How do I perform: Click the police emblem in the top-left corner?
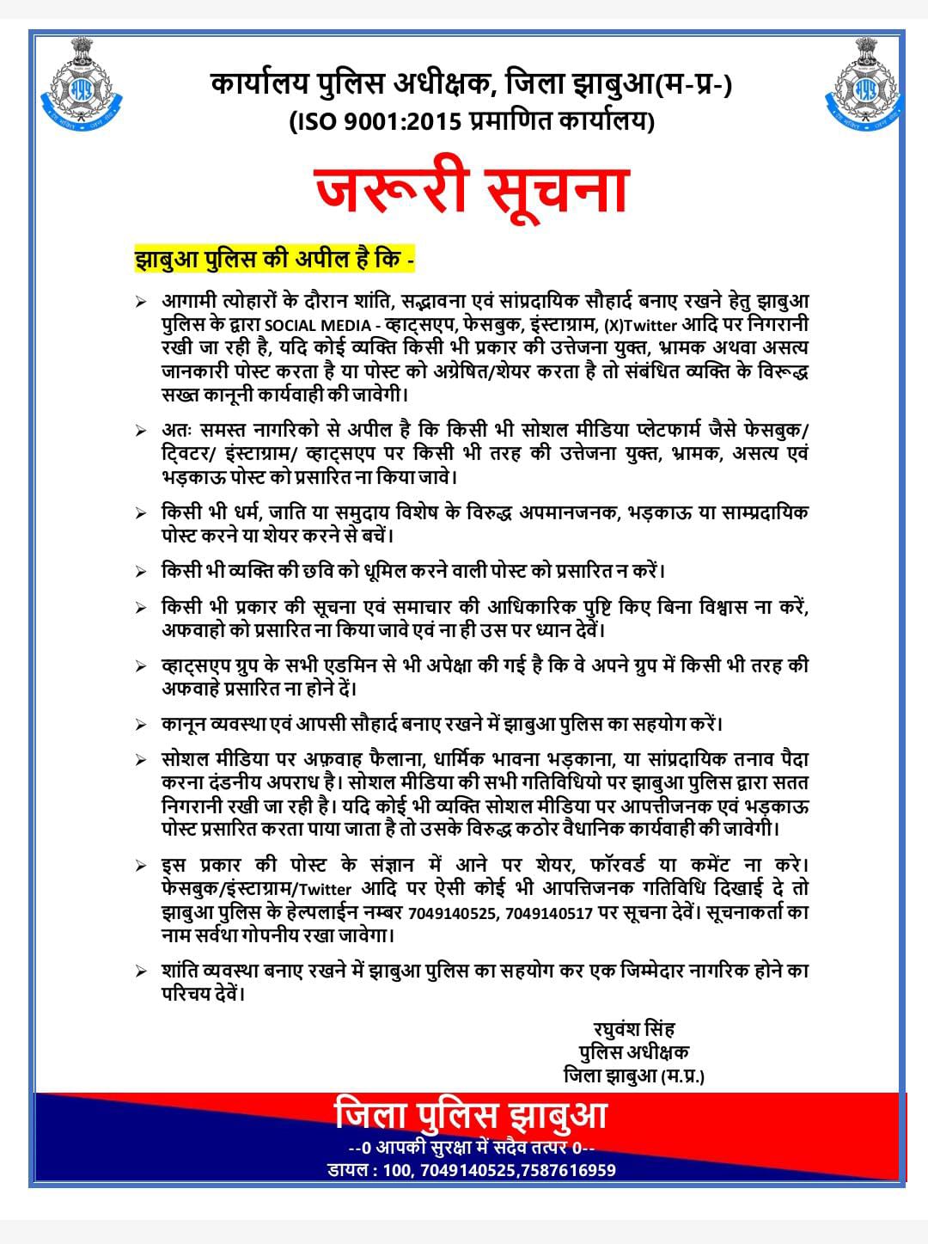(82, 81)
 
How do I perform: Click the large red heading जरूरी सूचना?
(472, 191)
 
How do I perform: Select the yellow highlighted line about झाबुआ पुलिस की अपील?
(275, 259)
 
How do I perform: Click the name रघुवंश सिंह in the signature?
(633, 1028)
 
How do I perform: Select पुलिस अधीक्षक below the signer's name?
(633, 1051)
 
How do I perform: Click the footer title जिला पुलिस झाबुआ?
(471, 1116)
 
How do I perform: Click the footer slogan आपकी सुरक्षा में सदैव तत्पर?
(471, 1148)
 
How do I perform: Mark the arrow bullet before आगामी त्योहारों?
(141, 303)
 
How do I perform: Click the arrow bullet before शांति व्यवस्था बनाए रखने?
(141, 971)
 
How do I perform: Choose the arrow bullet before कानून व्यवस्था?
(141, 725)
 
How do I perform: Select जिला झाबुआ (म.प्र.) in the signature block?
(633, 1075)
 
